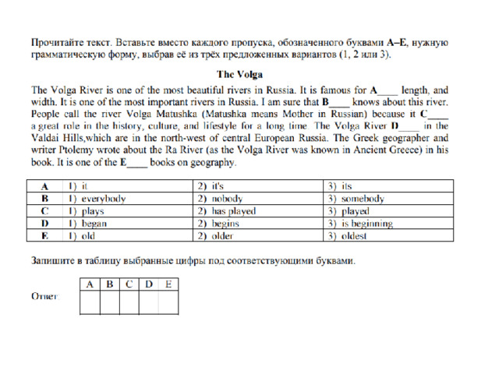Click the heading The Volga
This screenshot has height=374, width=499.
coord(249,75)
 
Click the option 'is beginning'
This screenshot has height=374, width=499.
coord(359,224)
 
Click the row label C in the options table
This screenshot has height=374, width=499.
coord(46,211)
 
